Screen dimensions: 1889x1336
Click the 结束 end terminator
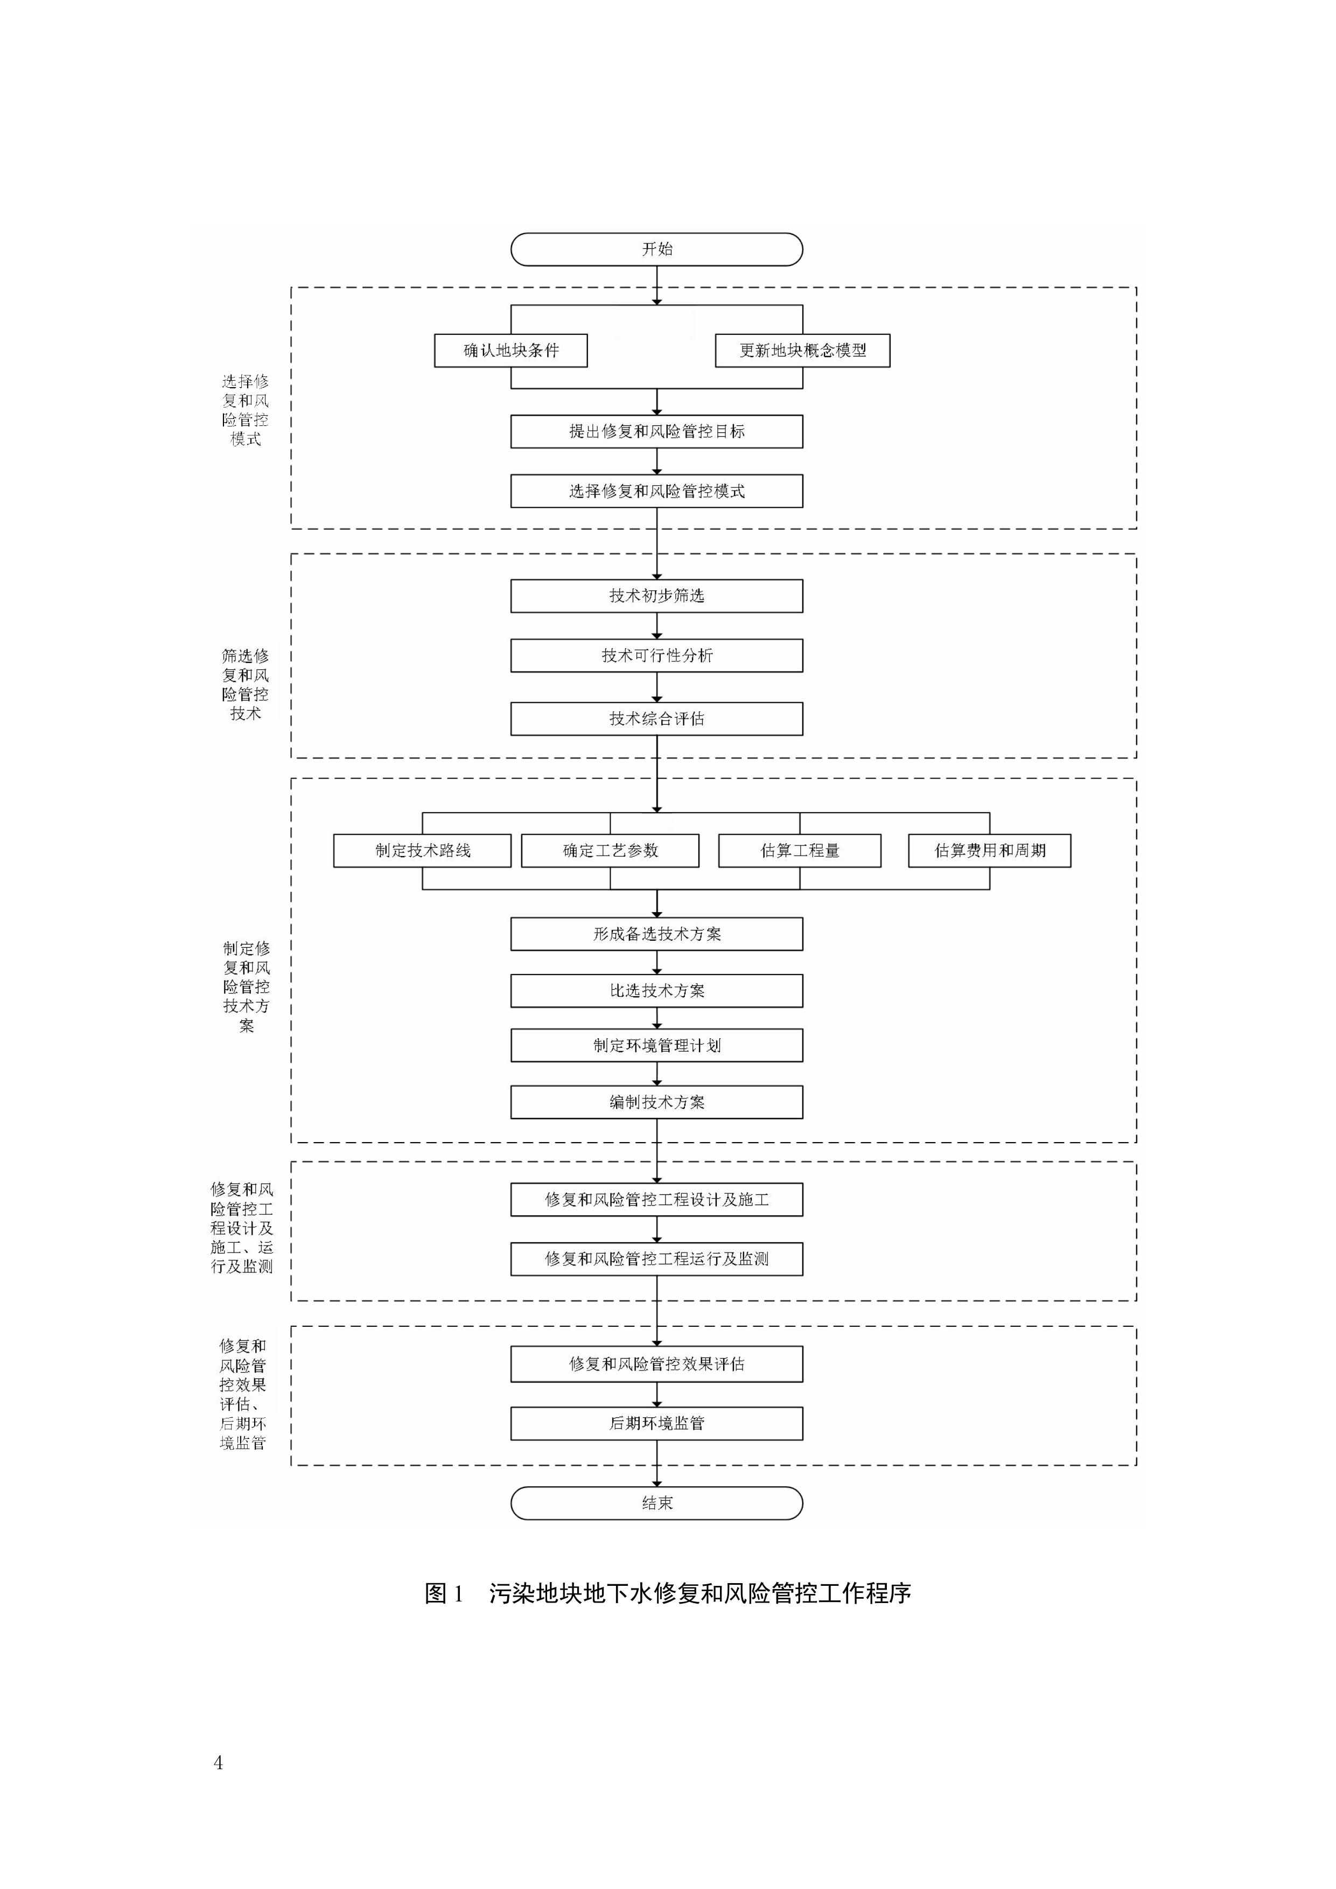pos(656,1503)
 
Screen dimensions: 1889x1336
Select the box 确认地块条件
pos(511,351)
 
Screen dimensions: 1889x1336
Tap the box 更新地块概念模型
pos(802,351)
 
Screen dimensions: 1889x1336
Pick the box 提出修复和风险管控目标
pos(656,431)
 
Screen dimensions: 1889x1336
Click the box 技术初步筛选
pos(656,596)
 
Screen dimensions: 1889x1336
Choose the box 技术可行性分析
pos(656,656)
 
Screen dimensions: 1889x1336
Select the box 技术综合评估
pos(656,718)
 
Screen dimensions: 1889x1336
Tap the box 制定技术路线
pos(422,851)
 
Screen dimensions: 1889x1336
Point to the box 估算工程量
pos(800,851)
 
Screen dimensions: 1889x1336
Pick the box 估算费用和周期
pos(990,851)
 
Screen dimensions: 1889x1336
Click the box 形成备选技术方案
pos(656,934)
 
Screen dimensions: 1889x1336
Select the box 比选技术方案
pos(656,991)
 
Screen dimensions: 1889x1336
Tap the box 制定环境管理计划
pos(656,1046)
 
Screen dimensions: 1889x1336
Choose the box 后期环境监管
pos(656,1423)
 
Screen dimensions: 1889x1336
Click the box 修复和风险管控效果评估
pos(656,1364)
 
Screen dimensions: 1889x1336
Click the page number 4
pos(218,1762)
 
